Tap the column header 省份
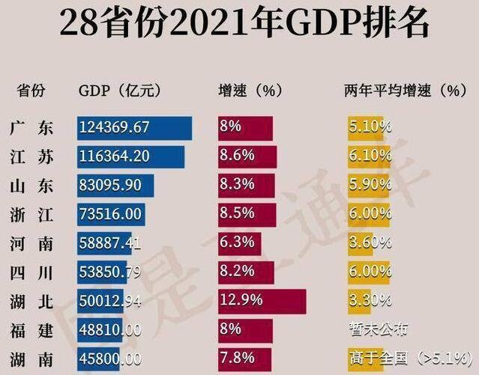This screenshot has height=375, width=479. (31, 91)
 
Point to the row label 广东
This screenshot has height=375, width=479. (33, 128)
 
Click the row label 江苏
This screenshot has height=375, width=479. (33, 156)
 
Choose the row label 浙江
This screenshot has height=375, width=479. (33, 215)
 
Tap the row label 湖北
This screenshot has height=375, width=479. (33, 301)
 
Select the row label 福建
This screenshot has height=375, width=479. (33, 330)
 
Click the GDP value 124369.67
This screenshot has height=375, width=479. (115, 127)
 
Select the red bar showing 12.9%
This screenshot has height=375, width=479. (262, 301)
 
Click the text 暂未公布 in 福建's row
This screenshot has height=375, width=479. (379, 330)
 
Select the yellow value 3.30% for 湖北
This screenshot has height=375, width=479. (370, 301)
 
